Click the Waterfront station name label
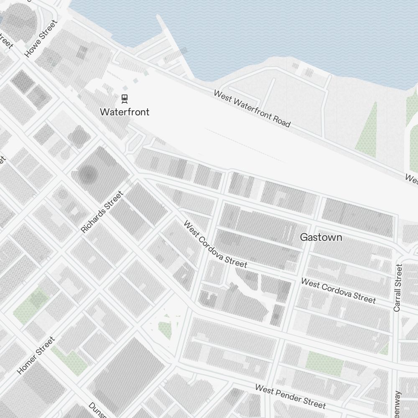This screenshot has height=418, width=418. [x=125, y=112]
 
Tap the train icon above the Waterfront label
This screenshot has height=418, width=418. [x=125, y=99]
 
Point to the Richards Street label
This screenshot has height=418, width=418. [x=102, y=212]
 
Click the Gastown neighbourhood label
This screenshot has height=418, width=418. [x=321, y=237]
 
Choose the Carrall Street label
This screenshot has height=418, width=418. [x=398, y=288]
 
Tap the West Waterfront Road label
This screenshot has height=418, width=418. [x=252, y=108]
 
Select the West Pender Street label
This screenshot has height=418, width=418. [x=290, y=396]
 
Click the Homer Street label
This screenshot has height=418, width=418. [x=36, y=355]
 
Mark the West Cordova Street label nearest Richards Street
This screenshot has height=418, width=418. [x=215, y=244]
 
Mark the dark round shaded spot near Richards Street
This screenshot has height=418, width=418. [x=88, y=175]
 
